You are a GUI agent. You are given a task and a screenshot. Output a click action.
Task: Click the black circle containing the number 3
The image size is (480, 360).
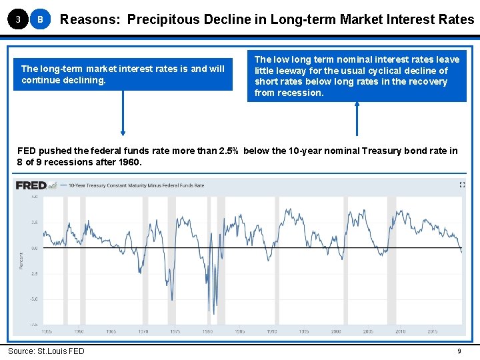(x=17, y=20)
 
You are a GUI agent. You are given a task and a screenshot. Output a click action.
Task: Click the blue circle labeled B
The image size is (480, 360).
(x=40, y=20)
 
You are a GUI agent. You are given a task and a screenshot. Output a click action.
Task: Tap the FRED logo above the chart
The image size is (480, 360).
(x=31, y=185)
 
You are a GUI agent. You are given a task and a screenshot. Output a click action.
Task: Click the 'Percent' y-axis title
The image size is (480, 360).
(x=21, y=260)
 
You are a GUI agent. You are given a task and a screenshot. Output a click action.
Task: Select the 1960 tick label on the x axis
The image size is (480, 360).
(x=79, y=331)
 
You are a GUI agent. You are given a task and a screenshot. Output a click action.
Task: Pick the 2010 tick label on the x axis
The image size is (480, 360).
(x=400, y=331)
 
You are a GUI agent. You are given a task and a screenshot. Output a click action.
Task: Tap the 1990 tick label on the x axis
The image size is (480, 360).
(x=272, y=331)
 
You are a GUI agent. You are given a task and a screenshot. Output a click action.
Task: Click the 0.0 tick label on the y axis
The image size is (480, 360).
(x=34, y=248)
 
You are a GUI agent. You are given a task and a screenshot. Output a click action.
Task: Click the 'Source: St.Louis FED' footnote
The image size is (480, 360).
(x=46, y=351)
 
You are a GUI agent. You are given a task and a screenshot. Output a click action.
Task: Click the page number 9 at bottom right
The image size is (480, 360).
(x=459, y=351)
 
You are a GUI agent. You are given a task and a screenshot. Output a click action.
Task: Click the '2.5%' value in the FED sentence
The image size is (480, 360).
(x=230, y=151)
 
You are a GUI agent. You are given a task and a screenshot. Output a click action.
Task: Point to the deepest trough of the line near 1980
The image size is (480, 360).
(x=209, y=311)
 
